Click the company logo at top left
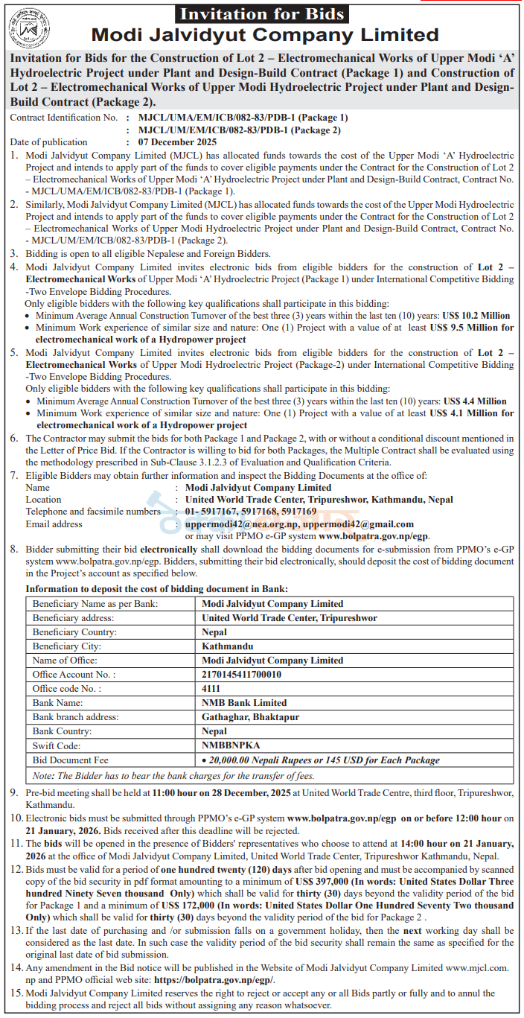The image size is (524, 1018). tap(28, 28)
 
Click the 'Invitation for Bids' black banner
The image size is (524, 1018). tap(263, 13)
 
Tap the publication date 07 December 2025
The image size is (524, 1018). tap(172, 142)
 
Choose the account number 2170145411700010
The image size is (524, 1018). tap(242, 674)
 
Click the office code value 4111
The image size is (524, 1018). tap(211, 688)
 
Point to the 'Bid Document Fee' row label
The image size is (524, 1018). tap(71, 760)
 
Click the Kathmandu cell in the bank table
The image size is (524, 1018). tap(228, 646)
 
